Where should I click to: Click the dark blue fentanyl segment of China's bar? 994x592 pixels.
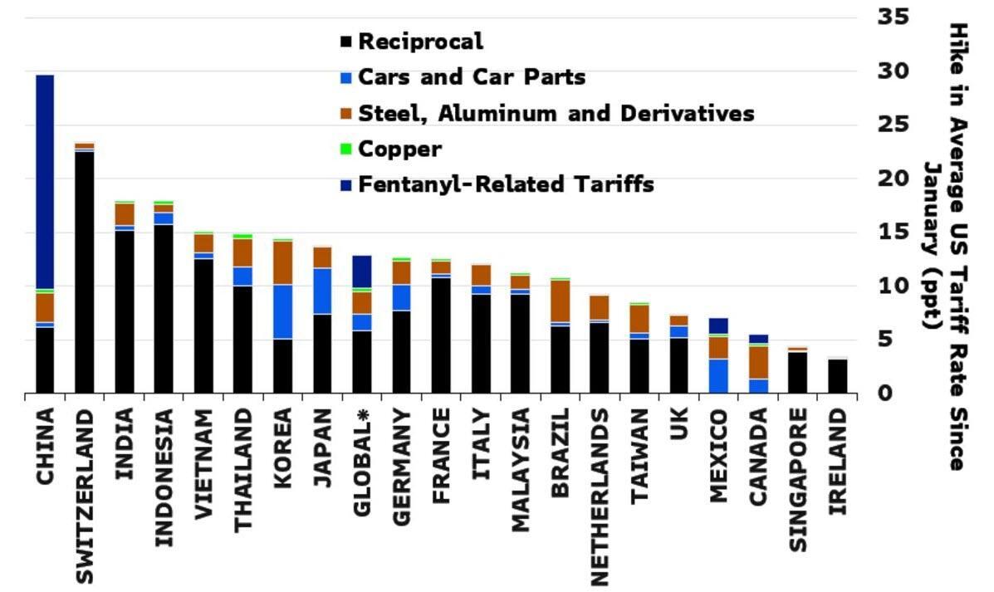[x=45, y=182]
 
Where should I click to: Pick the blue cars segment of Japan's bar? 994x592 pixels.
[x=322, y=291]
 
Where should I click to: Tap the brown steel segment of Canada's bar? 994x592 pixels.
[x=758, y=362]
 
